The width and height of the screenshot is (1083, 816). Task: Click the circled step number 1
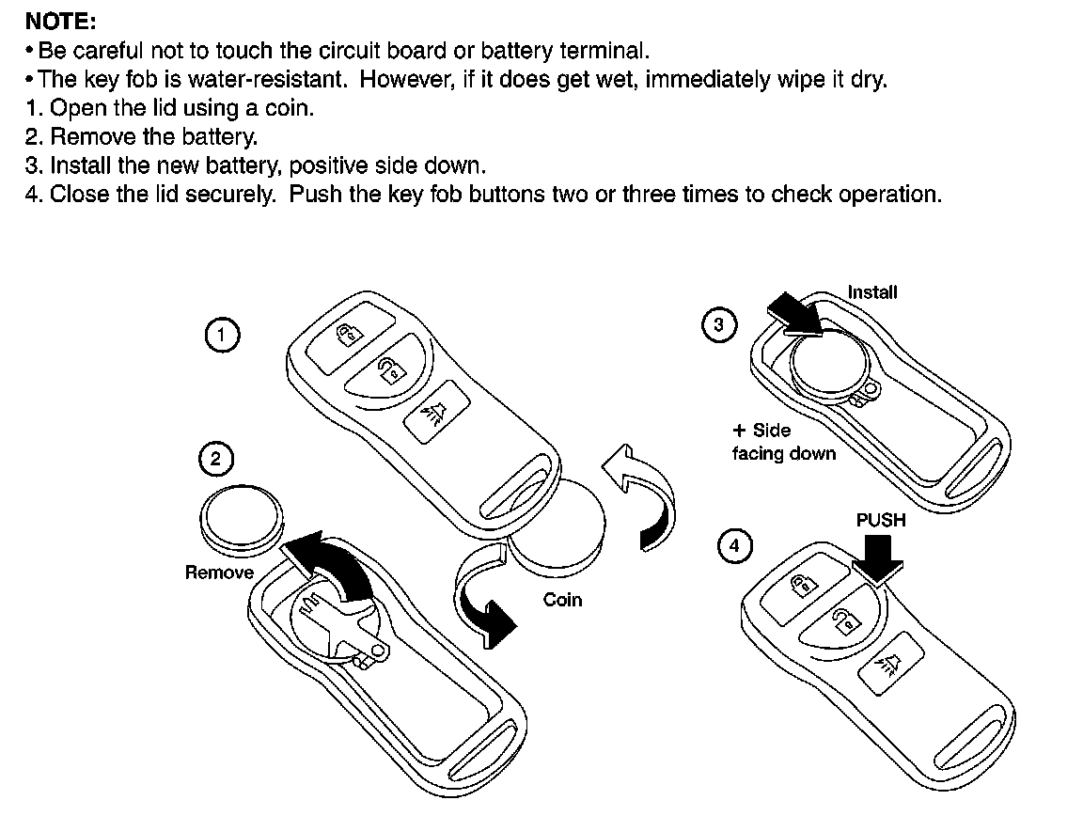(222, 336)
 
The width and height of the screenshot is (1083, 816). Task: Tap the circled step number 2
(216, 460)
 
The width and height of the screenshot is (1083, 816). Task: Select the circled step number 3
(719, 324)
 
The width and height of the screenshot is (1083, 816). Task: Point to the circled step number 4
(734, 546)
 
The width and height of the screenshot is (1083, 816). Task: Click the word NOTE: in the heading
(60, 22)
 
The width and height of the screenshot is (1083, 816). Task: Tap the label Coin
(562, 600)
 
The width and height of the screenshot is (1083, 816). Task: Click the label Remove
(219, 573)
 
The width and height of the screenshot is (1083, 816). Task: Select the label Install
(872, 292)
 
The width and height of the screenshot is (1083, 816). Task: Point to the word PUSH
(881, 520)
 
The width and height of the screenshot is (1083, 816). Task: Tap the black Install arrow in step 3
(796, 314)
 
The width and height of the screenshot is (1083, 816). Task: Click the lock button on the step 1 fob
(350, 335)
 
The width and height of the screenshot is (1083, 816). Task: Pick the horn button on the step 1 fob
(435, 412)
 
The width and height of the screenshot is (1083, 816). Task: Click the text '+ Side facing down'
(784, 442)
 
